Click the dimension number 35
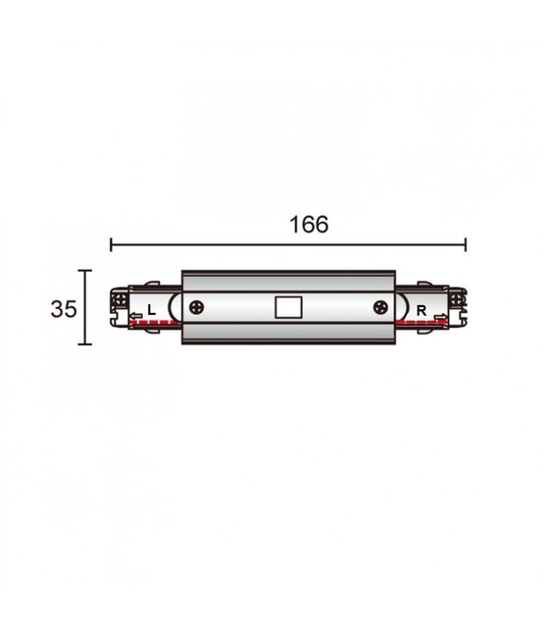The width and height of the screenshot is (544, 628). tap(64, 308)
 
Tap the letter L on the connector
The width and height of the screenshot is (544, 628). tap(150, 310)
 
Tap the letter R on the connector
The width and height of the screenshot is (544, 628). tap(420, 310)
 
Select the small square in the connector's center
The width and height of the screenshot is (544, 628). tap(287, 308)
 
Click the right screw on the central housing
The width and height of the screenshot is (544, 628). tap(380, 307)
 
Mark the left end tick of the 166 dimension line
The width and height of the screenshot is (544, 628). tap(110, 245)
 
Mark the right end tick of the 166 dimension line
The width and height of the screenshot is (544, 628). tap(465, 245)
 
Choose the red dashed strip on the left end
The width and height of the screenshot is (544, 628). tap(149, 324)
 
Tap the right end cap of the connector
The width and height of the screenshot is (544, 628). tap(458, 307)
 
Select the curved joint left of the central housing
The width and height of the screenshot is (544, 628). tap(174, 307)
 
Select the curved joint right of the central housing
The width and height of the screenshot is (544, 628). tap(400, 307)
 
